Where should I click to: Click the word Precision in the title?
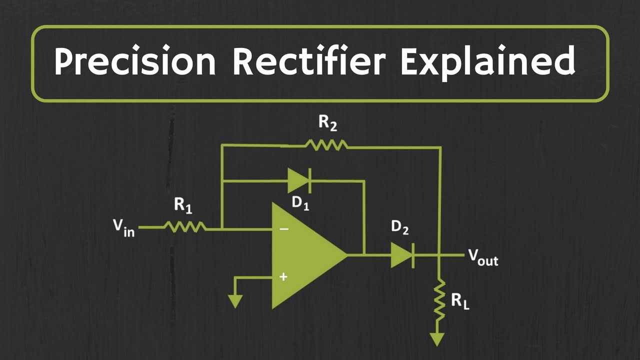(135, 62)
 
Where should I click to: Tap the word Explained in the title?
(488, 62)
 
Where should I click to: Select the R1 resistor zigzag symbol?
(184, 227)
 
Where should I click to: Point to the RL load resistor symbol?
(438, 300)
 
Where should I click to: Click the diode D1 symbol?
(299, 180)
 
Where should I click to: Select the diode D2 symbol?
(402, 255)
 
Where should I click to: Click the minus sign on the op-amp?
(283, 229)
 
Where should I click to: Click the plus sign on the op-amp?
(283, 276)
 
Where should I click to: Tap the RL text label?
(460, 301)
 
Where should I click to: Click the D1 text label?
(300, 203)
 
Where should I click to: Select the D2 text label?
(399, 227)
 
